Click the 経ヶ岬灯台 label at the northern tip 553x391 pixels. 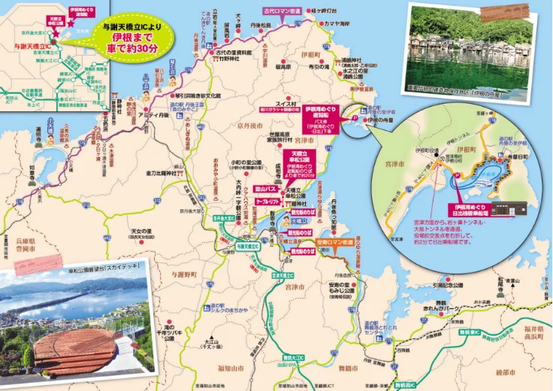click(x=325, y=11)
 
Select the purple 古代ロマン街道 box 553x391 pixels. click(x=283, y=11)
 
